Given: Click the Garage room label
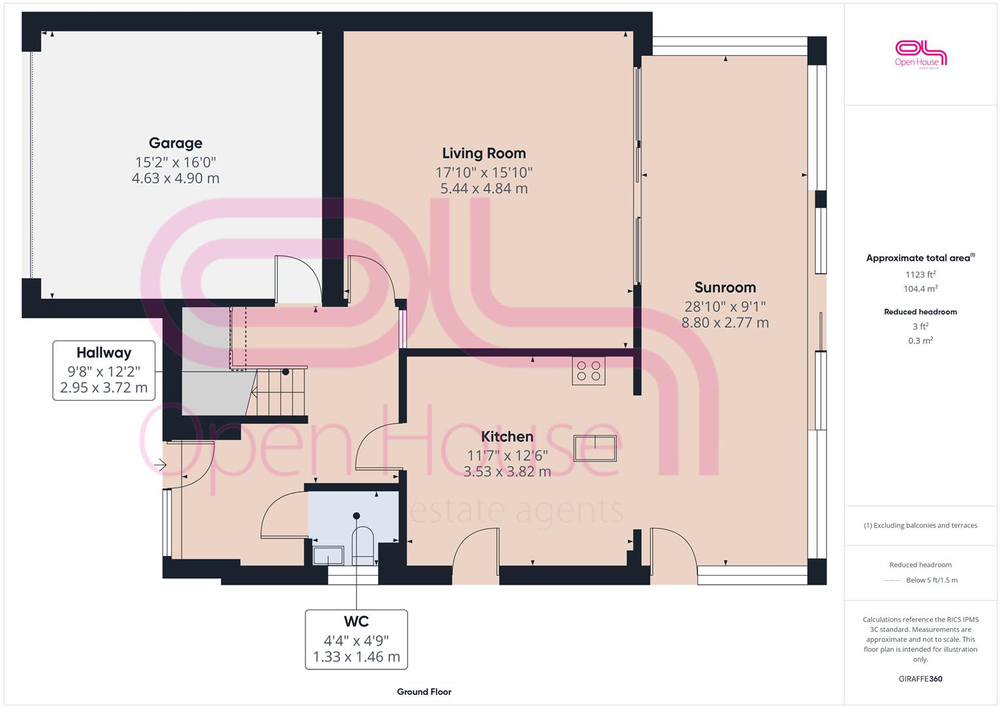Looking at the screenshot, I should (x=175, y=143).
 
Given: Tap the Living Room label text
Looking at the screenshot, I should (x=484, y=153).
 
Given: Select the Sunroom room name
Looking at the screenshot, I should (x=725, y=287).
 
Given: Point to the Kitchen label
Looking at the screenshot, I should (x=507, y=437).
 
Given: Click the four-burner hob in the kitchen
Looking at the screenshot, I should (x=588, y=371).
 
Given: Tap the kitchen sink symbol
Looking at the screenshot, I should (x=595, y=448).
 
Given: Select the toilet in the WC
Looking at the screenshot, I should (x=363, y=544).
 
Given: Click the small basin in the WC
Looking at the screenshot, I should (x=328, y=555).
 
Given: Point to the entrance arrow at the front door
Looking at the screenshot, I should (x=160, y=465).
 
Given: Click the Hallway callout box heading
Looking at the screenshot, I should (x=104, y=353).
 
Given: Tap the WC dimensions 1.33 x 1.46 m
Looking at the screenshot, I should (x=356, y=657).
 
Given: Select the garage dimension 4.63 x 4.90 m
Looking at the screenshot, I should (x=175, y=178).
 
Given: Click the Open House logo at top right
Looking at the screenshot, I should (x=920, y=54).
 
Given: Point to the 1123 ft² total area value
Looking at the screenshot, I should (x=920, y=275).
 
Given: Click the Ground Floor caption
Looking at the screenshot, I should (x=423, y=692).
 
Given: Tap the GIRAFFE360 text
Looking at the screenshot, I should (x=920, y=678).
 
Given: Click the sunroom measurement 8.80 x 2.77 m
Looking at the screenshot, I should (x=725, y=323).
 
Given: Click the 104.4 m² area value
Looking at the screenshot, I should (x=920, y=289).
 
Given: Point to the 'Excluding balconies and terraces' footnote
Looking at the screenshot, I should (x=920, y=525).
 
